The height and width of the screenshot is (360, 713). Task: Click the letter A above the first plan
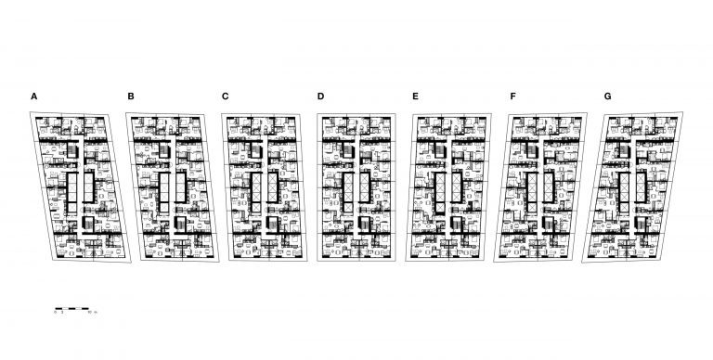click(34, 96)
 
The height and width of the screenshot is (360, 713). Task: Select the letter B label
click(131, 96)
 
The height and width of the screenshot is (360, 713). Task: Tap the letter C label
click(226, 96)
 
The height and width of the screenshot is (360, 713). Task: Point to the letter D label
click(320, 96)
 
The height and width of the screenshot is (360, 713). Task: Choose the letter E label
click(415, 96)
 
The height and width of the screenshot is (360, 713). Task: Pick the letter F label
click(512, 96)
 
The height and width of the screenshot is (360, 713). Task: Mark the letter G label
click(607, 96)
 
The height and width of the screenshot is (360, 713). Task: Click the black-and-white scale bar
click(71, 307)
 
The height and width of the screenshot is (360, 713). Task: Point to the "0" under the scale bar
click(56, 315)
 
